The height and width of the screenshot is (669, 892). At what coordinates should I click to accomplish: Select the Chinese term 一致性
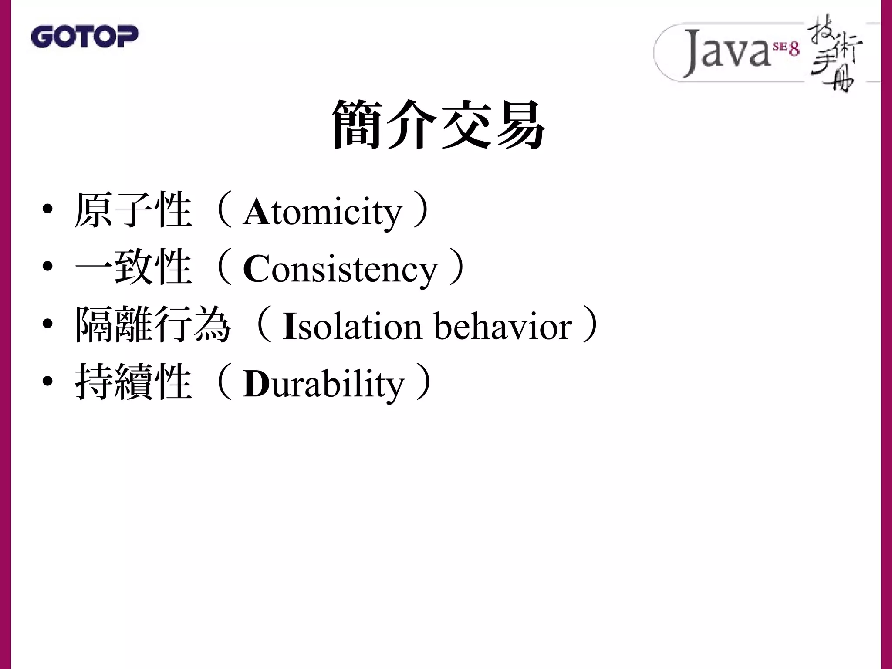point(133,267)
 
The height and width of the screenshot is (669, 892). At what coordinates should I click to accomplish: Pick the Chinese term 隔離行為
point(152,325)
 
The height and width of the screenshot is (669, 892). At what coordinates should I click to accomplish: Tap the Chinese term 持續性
point(133,382)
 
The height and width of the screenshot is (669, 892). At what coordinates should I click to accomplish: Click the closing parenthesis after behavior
point(591,325)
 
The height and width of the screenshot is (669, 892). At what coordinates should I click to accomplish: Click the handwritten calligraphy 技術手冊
point(834,57)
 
